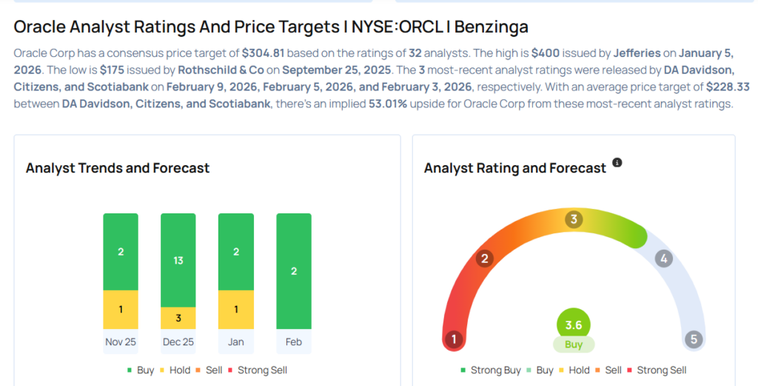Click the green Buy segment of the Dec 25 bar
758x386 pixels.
(x=178, y=260)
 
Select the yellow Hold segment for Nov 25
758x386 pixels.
(x=121, y=309)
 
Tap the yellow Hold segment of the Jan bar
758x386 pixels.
(x=236, y=309)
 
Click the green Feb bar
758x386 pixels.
(x=294, y=271)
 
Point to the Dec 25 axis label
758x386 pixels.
(x=178, y=342)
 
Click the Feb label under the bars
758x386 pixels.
(x=294, y=342)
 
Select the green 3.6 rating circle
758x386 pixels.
(x=574, y=324)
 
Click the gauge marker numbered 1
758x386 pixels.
(x=453, y=340)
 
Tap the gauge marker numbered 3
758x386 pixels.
(x=574, y=219)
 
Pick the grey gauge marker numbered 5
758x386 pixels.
(x=694, y=340)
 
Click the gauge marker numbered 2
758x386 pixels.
(x=486, y=259)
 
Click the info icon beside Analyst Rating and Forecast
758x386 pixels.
(x=617, y=162)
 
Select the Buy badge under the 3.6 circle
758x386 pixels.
(x=574, y=345)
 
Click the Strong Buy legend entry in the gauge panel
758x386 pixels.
(x=491, y=370)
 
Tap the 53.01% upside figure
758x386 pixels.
(x=390, y=104)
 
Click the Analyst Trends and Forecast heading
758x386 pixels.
(x=118, y=168)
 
